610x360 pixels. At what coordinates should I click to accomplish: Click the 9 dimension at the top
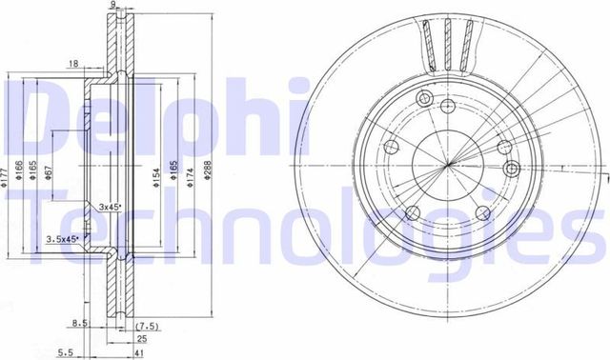112,6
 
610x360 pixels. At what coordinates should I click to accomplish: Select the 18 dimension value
73,64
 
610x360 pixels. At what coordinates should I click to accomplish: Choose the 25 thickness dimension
141,337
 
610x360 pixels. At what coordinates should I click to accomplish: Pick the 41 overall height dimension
141,352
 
